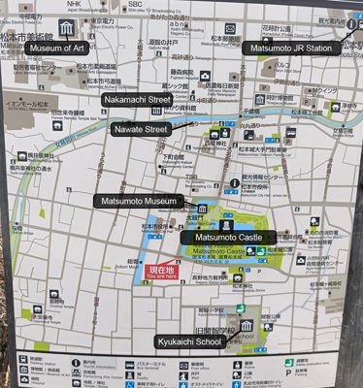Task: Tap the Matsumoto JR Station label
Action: [x=292, y=48]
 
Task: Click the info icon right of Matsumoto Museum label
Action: [x=235, y=182]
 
